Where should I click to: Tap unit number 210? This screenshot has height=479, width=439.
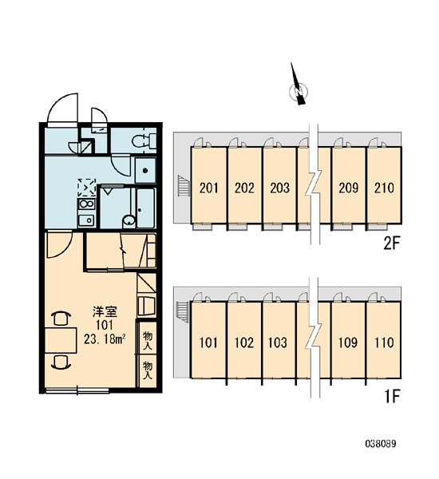point(384,188)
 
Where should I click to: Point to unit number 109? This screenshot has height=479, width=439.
point(348,342)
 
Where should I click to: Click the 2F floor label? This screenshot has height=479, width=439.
point(392,243)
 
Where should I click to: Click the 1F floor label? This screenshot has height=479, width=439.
point(392,396)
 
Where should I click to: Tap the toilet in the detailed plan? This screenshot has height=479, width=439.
point(144,141)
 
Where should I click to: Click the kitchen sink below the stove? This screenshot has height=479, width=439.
point(86,220)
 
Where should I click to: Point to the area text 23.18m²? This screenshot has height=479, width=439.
point(105,339)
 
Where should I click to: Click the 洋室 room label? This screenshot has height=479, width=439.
point(105,312)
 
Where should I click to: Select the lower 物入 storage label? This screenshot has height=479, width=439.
point(148,370)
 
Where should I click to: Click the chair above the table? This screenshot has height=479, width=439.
point(61,319)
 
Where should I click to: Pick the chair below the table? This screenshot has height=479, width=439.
point(61,362)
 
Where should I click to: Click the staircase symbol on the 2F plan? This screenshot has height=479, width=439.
point(183,185)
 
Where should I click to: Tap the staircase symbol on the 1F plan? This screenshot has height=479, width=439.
point(182,311)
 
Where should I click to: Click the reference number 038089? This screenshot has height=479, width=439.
point(381,444)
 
